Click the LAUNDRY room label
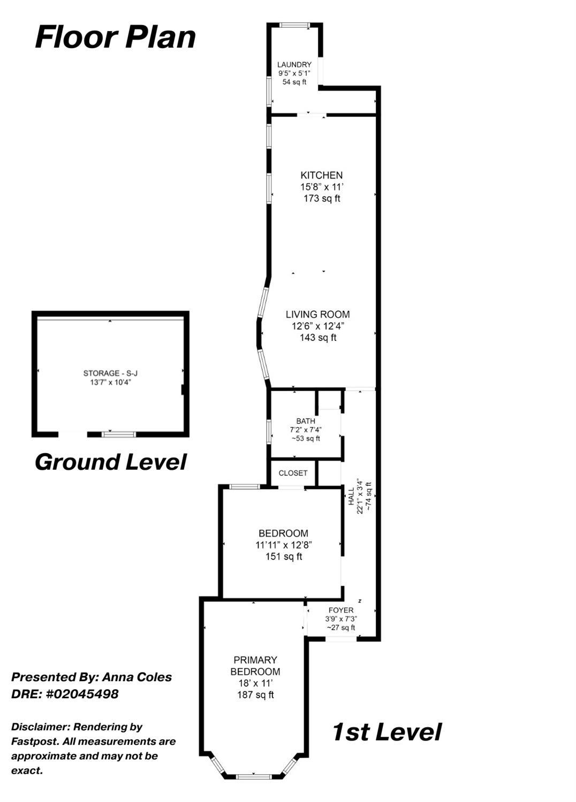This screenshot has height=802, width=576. (x=294, y=65)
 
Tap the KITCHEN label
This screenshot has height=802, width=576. (x=321, y=175)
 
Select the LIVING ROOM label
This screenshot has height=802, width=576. (x=317, y=315)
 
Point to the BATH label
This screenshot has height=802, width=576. (x=306, y=421)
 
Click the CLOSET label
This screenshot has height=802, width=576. (x=293, y=473)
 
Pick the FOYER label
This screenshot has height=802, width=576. (x=341, y=610)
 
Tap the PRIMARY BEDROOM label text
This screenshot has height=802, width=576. (x=255, y=666)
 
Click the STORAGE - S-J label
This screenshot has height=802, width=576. (x=110, y=373)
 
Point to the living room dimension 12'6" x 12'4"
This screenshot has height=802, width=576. (x=318, y=326)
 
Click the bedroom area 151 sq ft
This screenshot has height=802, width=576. (x=284, y=556)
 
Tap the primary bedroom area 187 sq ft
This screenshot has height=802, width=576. (x=255, y=695)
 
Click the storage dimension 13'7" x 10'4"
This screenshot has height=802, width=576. (x=110, y=383)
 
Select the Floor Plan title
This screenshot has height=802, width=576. (x=115, y=37)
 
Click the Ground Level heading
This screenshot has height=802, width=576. (x=111, y=462)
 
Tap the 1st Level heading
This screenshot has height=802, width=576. (x=386, y=732)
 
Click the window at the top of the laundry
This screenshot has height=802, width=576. (x=295, y=25)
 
